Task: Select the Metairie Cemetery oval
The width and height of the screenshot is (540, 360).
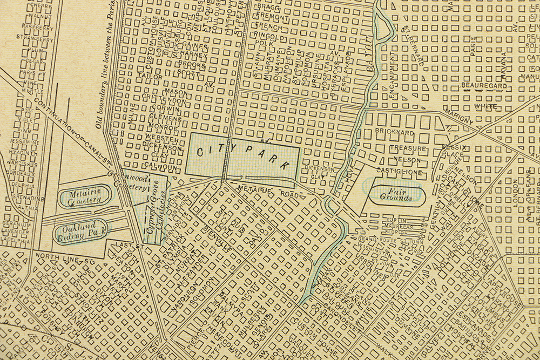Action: (85, 196)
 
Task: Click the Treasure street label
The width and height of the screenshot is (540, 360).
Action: (408, 148)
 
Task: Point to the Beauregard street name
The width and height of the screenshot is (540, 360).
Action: (483, 86)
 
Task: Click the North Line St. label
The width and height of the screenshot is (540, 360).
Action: (64, 261)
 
